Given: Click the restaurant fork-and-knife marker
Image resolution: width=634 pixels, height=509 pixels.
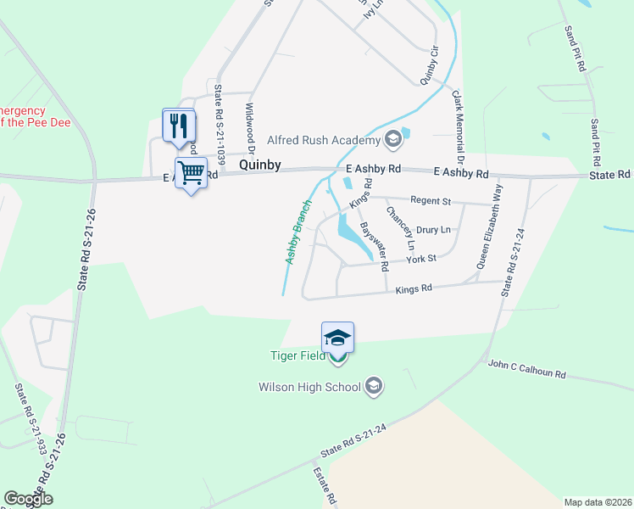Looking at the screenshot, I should pos(179,126).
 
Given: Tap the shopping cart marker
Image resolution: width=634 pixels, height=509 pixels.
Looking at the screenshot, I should pos(192,173).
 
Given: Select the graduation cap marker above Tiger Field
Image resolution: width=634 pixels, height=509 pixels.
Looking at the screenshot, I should pos(337,338).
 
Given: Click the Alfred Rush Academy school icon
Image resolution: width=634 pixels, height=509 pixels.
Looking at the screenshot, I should pos(392,138).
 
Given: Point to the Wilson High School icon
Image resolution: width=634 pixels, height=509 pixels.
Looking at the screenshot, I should pos(373,388).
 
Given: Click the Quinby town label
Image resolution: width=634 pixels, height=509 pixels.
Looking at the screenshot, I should pos(259,166).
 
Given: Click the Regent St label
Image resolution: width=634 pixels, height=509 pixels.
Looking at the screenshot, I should pos(431,200).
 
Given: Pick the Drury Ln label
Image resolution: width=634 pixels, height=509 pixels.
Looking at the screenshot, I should pos(433,230).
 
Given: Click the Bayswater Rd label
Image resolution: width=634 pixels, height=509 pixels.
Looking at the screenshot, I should pos(374,247).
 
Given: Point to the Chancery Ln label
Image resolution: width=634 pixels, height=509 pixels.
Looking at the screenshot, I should pos(399,227).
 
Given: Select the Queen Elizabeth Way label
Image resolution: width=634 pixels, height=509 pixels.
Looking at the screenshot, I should pos(488,227).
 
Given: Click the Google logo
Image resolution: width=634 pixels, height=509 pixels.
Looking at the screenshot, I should pos(28,499).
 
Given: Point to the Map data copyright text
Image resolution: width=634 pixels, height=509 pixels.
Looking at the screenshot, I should pos(598,502).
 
